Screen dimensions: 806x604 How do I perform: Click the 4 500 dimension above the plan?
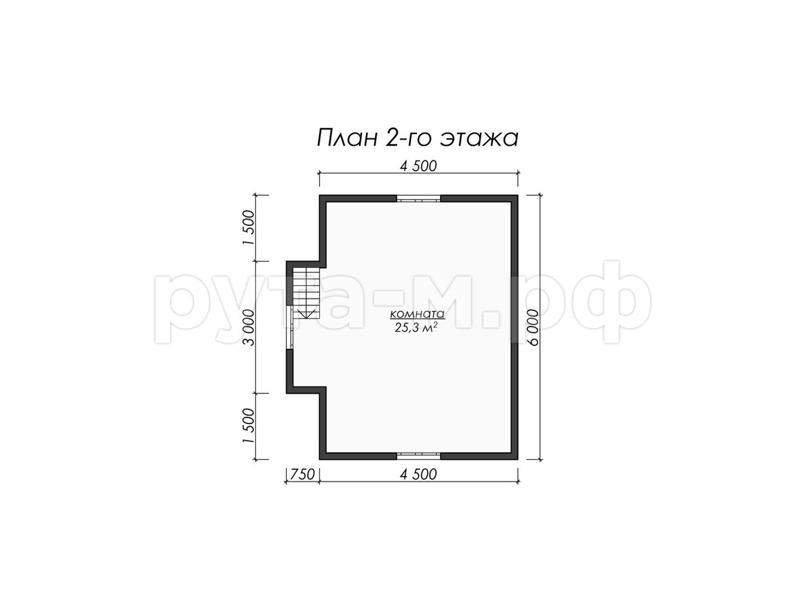pyautogui.click(x=418, y=166)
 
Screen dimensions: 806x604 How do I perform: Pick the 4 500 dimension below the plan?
pyautogui.click(x=418, y=474)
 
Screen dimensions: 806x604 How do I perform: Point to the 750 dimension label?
pyautogui.click(x=302, y=474)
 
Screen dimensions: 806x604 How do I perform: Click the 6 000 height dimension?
pyautogui.click(x=533, y=328)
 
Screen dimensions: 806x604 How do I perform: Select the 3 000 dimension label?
pyautogui.click(x=249, y=328)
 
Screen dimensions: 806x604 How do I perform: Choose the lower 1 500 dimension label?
pyautogui.click(x=249, y=425)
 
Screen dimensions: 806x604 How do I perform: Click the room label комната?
pyautogui.click(x=417, y=314)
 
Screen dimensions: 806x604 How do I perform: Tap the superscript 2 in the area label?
pyautogui.click(x=435, y=324)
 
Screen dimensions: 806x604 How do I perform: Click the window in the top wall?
pyautogui.click(x=418, y=199)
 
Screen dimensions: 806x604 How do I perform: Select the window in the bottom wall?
pyautogui.click(x=418, y=456)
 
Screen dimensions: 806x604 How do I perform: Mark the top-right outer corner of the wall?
pyautogui.click(x=518, y=195)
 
